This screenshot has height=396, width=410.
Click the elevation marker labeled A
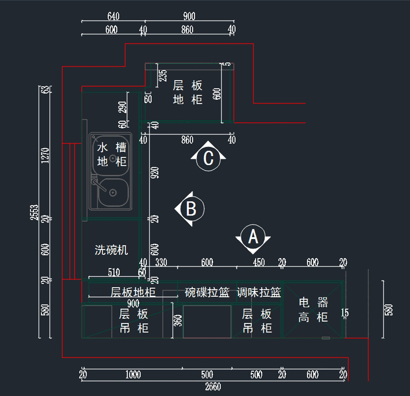[253, 237]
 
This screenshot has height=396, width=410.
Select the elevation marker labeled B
[191, 209]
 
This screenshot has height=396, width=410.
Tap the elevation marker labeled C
[208, 158]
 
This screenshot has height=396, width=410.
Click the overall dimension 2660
[213, 387]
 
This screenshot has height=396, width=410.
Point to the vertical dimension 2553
[35, 212]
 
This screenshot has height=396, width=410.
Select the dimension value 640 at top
[113, 16]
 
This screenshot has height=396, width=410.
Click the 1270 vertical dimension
[45, 156]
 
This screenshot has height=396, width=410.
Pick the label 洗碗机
[111, 250]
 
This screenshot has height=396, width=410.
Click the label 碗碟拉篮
[207, 292]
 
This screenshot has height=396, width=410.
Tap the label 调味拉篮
[259, 292]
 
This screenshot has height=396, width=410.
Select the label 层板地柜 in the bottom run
[133, 292]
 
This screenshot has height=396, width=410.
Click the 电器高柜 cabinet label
[313, 310]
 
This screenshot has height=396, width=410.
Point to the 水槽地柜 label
[112, 154]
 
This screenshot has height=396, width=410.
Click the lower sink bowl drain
[113, 193]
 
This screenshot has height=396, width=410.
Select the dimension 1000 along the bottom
[133, 374]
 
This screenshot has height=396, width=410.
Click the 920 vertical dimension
[155, 173]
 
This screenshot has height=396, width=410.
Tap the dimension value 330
[161, 262]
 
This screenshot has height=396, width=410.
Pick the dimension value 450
[259, 262]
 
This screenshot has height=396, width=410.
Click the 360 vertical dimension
[178, 321]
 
